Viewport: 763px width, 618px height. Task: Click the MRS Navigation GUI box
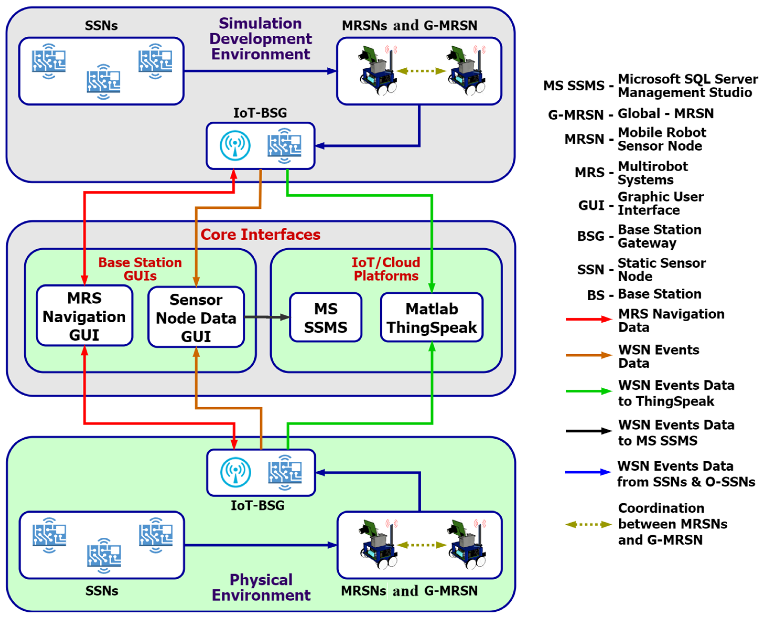(x=84, y=316)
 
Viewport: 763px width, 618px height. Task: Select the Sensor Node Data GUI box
(x=196, y=317)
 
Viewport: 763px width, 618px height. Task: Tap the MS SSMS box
(x=326, y=317)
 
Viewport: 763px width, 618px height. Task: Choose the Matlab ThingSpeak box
(x=432, y=317)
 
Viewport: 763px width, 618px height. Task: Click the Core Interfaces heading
(x=260, y=235)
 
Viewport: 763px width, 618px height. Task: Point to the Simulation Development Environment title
(x=260, y=39)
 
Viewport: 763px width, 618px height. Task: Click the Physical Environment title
(x=261, y=587)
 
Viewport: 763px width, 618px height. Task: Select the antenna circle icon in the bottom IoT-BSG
(x=235, y=472)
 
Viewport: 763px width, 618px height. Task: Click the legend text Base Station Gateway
(x=659, y=236)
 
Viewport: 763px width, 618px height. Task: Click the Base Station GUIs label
(x=140, y=269)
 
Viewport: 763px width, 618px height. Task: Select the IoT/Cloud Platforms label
(x=386, y=269)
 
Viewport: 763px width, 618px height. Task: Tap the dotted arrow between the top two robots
(x=421, y=71)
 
